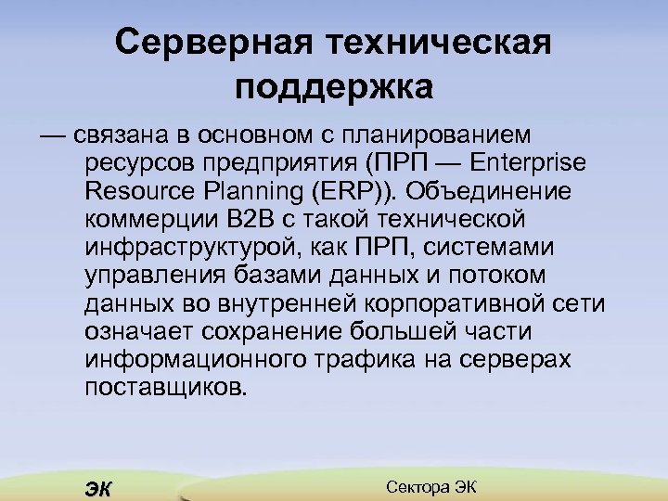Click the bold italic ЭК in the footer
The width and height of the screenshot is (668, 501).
click(96, 489)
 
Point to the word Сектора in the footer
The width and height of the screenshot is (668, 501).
click(415, 487)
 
